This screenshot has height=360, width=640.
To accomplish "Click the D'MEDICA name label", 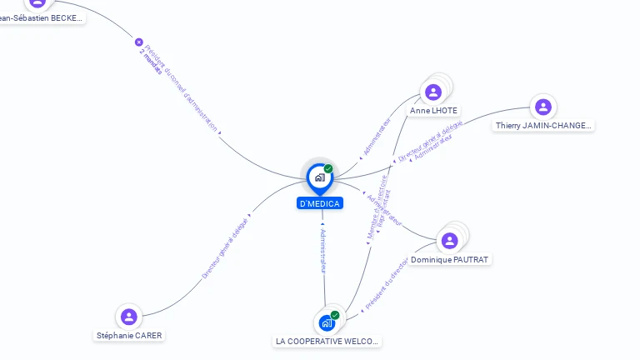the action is click(x=320, y=203).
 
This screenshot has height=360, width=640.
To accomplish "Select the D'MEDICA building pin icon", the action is click(x=319, y=177).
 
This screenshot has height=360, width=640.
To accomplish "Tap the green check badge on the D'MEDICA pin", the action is click(x=328, y=169).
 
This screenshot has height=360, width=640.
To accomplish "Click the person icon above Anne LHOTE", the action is click(x=432, y=92).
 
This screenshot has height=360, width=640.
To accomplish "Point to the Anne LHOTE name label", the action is click(x=433, y=111).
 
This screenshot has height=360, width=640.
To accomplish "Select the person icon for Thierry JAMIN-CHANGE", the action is click(x=543, y=107).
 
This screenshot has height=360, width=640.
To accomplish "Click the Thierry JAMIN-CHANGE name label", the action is click(x=543, y=126).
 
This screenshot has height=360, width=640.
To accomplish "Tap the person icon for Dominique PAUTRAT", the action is click(x=450, y=241).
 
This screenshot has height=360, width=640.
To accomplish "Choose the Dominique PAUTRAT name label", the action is click(x=450, y=260).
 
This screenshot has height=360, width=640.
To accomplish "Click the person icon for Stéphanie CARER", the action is click(x=128, y=317).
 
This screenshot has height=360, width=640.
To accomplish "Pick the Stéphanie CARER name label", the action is click(x=129, y=336).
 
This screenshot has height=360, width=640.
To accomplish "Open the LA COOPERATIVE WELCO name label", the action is click(x=327, y=342).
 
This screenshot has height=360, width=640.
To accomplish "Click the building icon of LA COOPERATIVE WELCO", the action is click(x=326, y=322).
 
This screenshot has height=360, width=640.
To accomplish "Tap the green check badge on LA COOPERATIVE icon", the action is click(x=335, y=315).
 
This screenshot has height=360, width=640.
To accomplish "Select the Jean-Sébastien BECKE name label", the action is click(x=42, y=17).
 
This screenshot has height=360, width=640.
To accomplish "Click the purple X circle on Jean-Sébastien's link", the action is click(x=139, y=42).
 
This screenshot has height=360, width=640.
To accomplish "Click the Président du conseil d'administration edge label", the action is click(x=182, y=88).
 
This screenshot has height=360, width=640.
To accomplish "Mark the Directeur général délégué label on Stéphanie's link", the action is click(x=225, y=247).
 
